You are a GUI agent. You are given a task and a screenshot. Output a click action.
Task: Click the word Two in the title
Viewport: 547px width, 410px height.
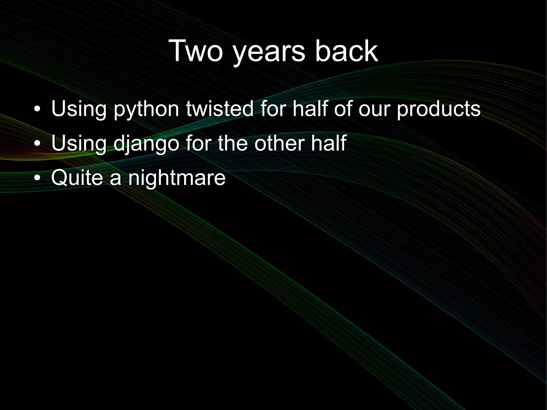pos(196,51)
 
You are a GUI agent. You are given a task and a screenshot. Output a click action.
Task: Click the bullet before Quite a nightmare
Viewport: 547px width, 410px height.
pos(38,178)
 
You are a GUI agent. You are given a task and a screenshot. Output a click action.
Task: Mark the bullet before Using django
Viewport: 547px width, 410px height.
pos(38,144)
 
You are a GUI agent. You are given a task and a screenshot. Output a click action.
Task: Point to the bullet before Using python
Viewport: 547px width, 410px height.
pos(38,110)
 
